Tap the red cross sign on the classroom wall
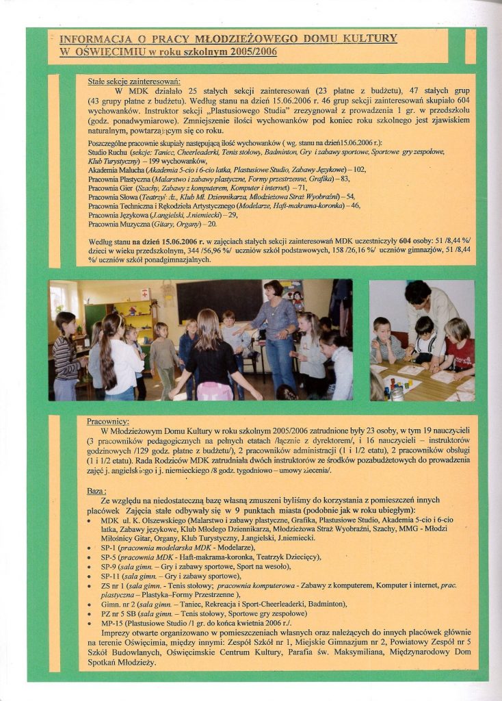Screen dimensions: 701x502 click(144, 294)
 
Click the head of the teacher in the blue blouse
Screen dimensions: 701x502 click(274, 289)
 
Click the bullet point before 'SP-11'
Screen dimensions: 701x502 click(92, 577)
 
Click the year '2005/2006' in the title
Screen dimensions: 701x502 click(250, 53)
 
